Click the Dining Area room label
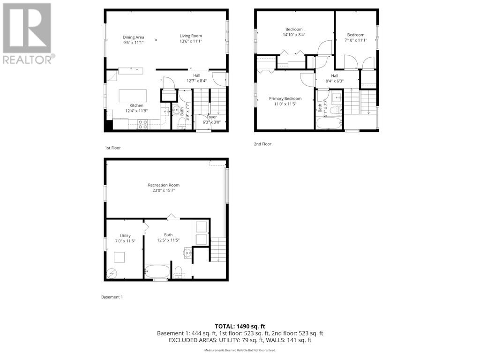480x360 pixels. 133,37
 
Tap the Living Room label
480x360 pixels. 191,36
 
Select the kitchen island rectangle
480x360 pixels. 133,96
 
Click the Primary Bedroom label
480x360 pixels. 285,98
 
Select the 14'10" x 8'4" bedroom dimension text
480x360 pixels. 294,35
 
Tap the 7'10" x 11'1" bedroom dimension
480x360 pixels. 356,40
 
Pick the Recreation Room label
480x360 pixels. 164,185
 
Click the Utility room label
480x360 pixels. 125,235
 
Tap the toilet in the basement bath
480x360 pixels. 179,272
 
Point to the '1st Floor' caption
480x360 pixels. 112,148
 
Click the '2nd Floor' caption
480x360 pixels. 262,144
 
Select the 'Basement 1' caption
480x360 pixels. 112,297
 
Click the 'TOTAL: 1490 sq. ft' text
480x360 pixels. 240,326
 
